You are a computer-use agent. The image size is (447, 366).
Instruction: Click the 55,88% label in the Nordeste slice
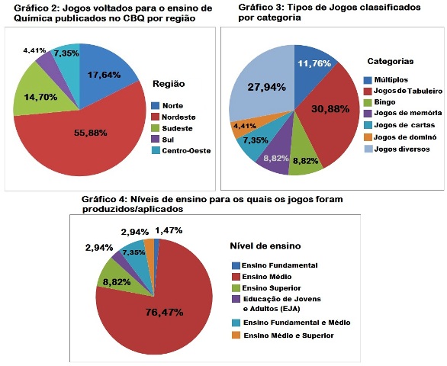(91, 133)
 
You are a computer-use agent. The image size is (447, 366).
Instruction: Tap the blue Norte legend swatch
(155, 106)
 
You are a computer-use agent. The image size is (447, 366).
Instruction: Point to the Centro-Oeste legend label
(186, 151)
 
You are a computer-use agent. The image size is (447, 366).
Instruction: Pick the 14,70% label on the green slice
(40, 97)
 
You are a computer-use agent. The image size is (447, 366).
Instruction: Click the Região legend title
(169, 84)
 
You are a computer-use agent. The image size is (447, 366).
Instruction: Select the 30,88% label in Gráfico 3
(330, 109)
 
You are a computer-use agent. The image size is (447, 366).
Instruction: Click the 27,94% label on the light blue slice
(266, 87)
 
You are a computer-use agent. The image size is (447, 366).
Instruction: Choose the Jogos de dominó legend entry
(405, 137)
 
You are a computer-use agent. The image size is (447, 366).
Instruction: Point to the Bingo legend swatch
(368, 102)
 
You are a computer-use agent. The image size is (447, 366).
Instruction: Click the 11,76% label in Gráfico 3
(314, 63)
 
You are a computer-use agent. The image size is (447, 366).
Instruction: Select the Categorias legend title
(391, 61)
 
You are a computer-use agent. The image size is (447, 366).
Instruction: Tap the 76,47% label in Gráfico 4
(164, 313)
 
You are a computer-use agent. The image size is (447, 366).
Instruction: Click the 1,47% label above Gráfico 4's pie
(169, 230)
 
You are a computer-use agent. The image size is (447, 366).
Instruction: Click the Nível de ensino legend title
(265, 246)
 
